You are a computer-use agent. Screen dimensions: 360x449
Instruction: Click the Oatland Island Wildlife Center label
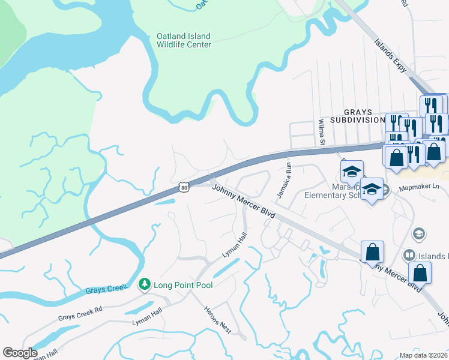(184, 40)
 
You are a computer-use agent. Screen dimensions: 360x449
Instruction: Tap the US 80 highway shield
(184, 188)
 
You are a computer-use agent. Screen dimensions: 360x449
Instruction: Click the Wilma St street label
(321, 132)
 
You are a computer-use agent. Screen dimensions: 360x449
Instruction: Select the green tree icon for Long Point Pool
(144, 284)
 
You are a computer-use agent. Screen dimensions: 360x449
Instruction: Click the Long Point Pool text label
(183, 284)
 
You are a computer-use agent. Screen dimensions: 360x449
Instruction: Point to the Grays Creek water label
(107, 290)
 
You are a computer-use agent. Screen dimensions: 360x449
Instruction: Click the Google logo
(20, 352)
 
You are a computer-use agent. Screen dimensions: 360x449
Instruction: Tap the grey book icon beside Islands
(409, 256)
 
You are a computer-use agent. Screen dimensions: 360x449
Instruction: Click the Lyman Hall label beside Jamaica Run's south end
(235, 247)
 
